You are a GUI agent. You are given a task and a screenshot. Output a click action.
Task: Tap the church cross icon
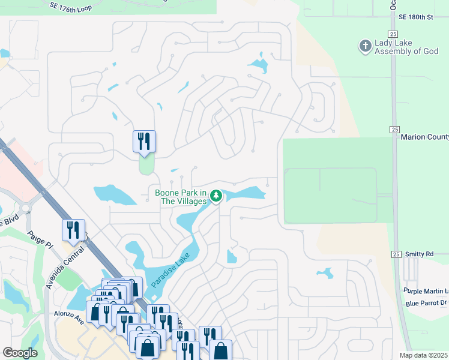(x=364, y=46)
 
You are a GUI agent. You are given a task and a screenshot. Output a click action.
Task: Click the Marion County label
(x=424, y=137)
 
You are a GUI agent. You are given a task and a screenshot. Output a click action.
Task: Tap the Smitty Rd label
(x=419, y=254)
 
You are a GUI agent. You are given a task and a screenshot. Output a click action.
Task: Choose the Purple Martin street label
(x=426, y=291)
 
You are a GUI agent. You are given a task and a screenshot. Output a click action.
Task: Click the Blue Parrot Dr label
(x=426, y=303)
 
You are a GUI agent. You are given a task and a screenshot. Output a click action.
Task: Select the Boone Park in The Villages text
(x=181, y=197)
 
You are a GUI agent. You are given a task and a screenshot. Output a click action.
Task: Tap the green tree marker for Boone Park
(x=216, y=196)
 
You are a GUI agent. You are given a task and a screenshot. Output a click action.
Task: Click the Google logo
(x=20, y=353)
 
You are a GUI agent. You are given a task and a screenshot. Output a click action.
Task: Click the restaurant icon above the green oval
(x=144, y=141)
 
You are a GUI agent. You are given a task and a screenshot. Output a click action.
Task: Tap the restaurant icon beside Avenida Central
(x=73, y=230)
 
